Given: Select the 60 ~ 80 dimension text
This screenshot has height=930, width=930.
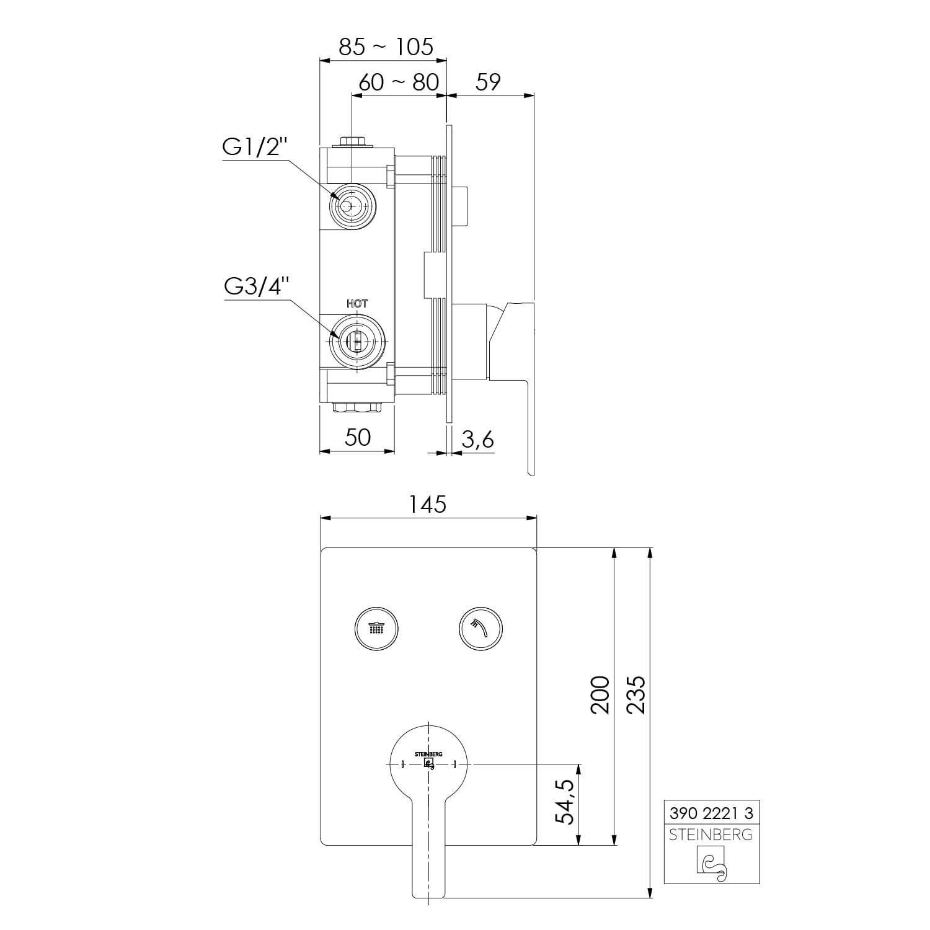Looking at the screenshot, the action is click(399, 82).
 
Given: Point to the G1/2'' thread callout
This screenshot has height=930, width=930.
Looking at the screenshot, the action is click(255, 148).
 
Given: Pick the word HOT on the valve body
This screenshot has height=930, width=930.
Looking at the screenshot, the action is click(356, 303).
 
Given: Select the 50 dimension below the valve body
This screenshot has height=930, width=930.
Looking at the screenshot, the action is click(358, 437).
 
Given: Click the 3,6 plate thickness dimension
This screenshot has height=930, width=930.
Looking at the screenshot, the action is click(478, 439).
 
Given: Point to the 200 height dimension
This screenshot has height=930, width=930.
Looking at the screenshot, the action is click(600, 694).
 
